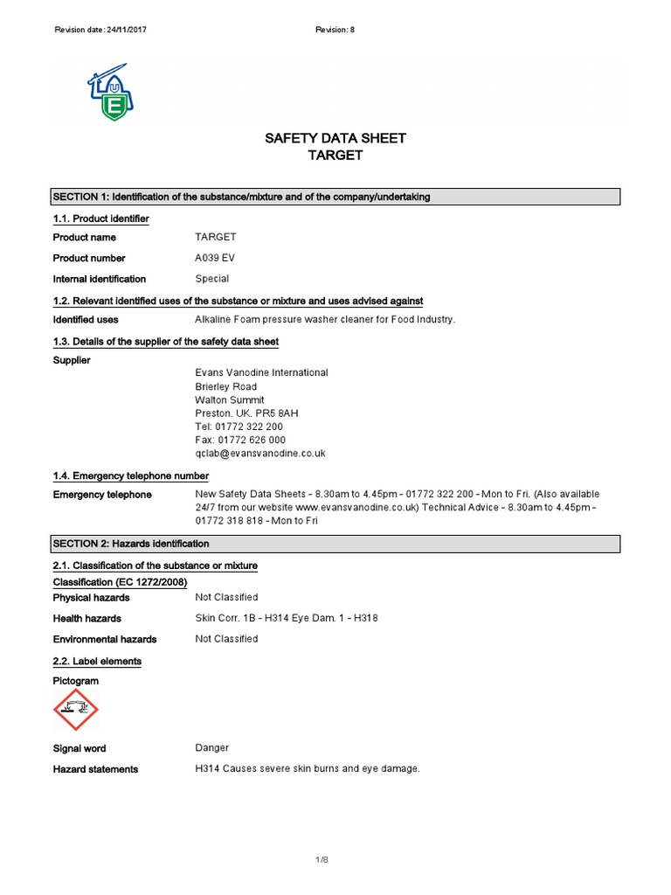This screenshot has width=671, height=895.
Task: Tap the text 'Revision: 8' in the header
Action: click(x=335, y=30)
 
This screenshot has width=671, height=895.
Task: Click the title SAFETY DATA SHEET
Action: click(x=335, y=138)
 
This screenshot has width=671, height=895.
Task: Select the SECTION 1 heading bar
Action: click(x=335, y=197)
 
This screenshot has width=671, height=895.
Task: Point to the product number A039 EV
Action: click(x=215, y=258)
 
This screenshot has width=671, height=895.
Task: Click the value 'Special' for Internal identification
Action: click(x=212, y=279)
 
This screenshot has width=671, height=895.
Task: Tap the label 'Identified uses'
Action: click(x=86, y=320)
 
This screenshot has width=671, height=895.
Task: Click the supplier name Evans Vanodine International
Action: click(x=261, y=372)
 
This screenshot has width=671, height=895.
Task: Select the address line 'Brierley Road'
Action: click(x=225, y=386)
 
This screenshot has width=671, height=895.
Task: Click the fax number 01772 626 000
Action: click(x=240, y=440)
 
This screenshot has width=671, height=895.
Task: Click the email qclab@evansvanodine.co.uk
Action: click(x=260, y=454)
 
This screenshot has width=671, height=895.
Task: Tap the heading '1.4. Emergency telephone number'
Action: click(x=131, y=476)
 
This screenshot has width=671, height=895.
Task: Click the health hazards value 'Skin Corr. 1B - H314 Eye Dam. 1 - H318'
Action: click(x=287, y=618)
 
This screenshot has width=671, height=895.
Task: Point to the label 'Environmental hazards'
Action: click(x=105, y=639)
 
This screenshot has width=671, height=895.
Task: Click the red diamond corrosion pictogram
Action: click(x=76, y=709)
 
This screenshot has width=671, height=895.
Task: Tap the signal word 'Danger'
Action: click(x=212, y=748)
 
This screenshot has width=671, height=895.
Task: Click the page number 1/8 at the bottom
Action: click(x=322, y=861)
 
